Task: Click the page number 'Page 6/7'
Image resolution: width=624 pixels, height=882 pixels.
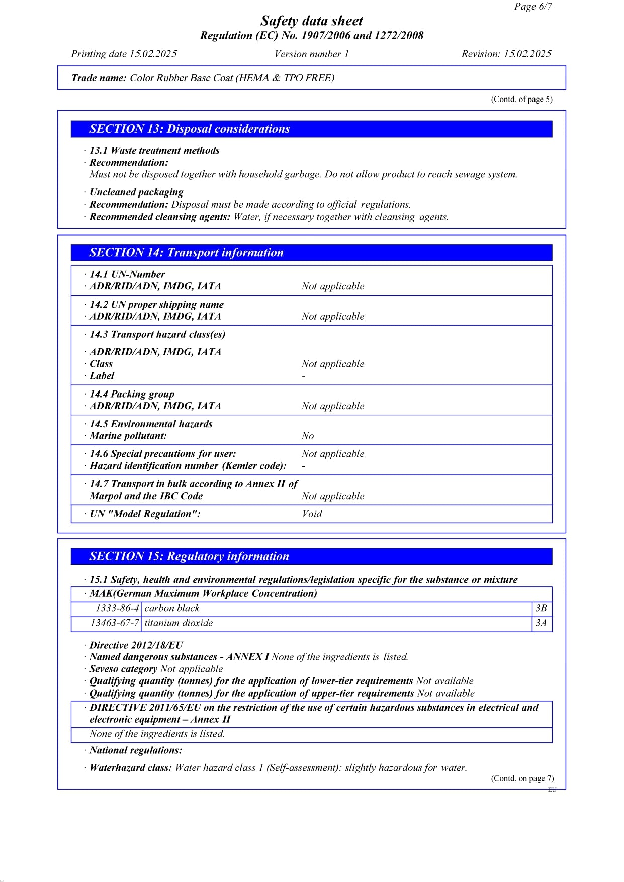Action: point(533,7)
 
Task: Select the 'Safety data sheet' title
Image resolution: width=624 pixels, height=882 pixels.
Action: point(312,21)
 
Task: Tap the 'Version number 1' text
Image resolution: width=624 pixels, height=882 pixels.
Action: point(312,54)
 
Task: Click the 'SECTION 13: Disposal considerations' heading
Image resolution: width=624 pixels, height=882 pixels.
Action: point(190,129)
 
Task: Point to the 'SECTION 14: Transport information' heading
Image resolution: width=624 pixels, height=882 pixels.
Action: point(187,253)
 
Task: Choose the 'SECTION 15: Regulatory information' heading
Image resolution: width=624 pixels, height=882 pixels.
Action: point(189,556)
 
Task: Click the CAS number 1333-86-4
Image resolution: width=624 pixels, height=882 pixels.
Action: point(117,608)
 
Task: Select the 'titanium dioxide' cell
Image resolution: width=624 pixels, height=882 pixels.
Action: point(179,623)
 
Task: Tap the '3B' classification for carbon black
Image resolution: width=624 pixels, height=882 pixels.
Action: point(541,608)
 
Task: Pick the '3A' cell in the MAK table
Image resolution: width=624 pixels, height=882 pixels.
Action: point(541,623)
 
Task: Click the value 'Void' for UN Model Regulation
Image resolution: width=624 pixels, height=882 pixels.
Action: point(312,514)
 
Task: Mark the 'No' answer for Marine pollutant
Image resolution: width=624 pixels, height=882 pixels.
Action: point(308,436)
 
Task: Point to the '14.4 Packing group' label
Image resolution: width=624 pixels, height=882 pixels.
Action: point(132,394)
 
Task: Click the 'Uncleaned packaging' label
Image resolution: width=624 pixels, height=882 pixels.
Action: point(136,192)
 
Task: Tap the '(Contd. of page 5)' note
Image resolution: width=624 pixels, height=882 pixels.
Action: point(521,100)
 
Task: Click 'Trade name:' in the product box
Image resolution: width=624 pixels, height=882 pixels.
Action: point(99,78)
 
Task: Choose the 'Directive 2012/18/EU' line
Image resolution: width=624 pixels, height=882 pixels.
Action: point(136,645)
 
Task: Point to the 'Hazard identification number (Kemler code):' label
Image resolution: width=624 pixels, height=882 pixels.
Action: point(188,466)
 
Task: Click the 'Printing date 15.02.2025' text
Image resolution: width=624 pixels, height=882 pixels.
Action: point(124,54)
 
